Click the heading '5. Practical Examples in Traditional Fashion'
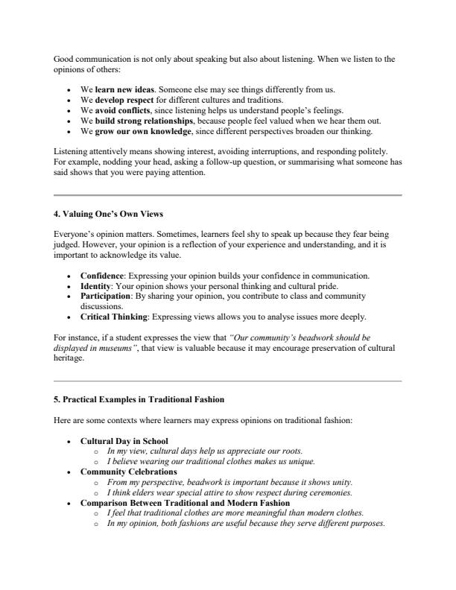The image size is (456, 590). [x=139, y=400]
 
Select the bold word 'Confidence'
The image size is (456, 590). [x=102, y=275]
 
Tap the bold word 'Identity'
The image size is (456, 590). [x=96, y=285]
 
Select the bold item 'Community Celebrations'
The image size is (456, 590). [x=128, y=472]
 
